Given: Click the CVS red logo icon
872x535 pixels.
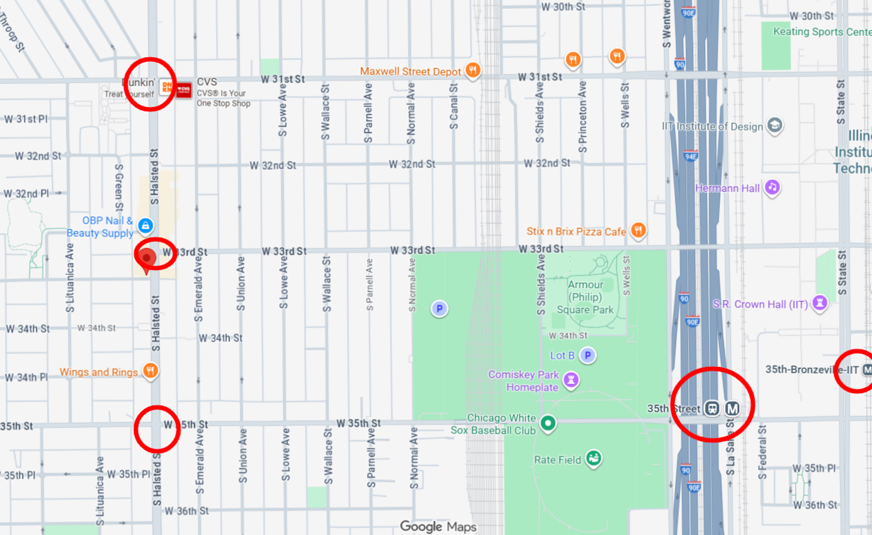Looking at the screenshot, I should click(x=183, y=90).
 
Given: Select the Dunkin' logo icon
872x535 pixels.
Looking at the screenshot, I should click(x=166, y=88).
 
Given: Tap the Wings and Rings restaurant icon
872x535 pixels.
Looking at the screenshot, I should click(x=150, y=371).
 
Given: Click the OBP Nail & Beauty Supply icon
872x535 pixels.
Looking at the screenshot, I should click(x=145, y=225).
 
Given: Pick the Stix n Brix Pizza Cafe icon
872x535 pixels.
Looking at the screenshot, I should click(x=638, y=231).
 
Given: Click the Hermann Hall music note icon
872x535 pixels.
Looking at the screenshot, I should click(x=773, y=188).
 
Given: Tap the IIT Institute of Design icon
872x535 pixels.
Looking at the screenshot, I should click(x=774, y=126).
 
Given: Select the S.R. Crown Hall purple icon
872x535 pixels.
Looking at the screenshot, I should click(x=819, y=303).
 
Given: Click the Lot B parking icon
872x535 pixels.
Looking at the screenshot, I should click(x=587, y=356).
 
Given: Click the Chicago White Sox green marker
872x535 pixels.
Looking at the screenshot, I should click(x=548, y=423).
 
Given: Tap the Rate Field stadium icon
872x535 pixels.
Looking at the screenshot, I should click(x=593, y=459).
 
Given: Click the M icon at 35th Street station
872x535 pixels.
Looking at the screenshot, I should click(x=732, y=408).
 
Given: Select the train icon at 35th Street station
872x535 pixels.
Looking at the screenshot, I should click(x=712, y=408).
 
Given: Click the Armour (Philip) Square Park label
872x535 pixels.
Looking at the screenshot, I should click(x=586, y=297).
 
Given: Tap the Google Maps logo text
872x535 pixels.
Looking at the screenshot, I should click(x=438, y=526).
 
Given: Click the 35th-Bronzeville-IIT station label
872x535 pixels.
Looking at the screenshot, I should click(x=812, y=369).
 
